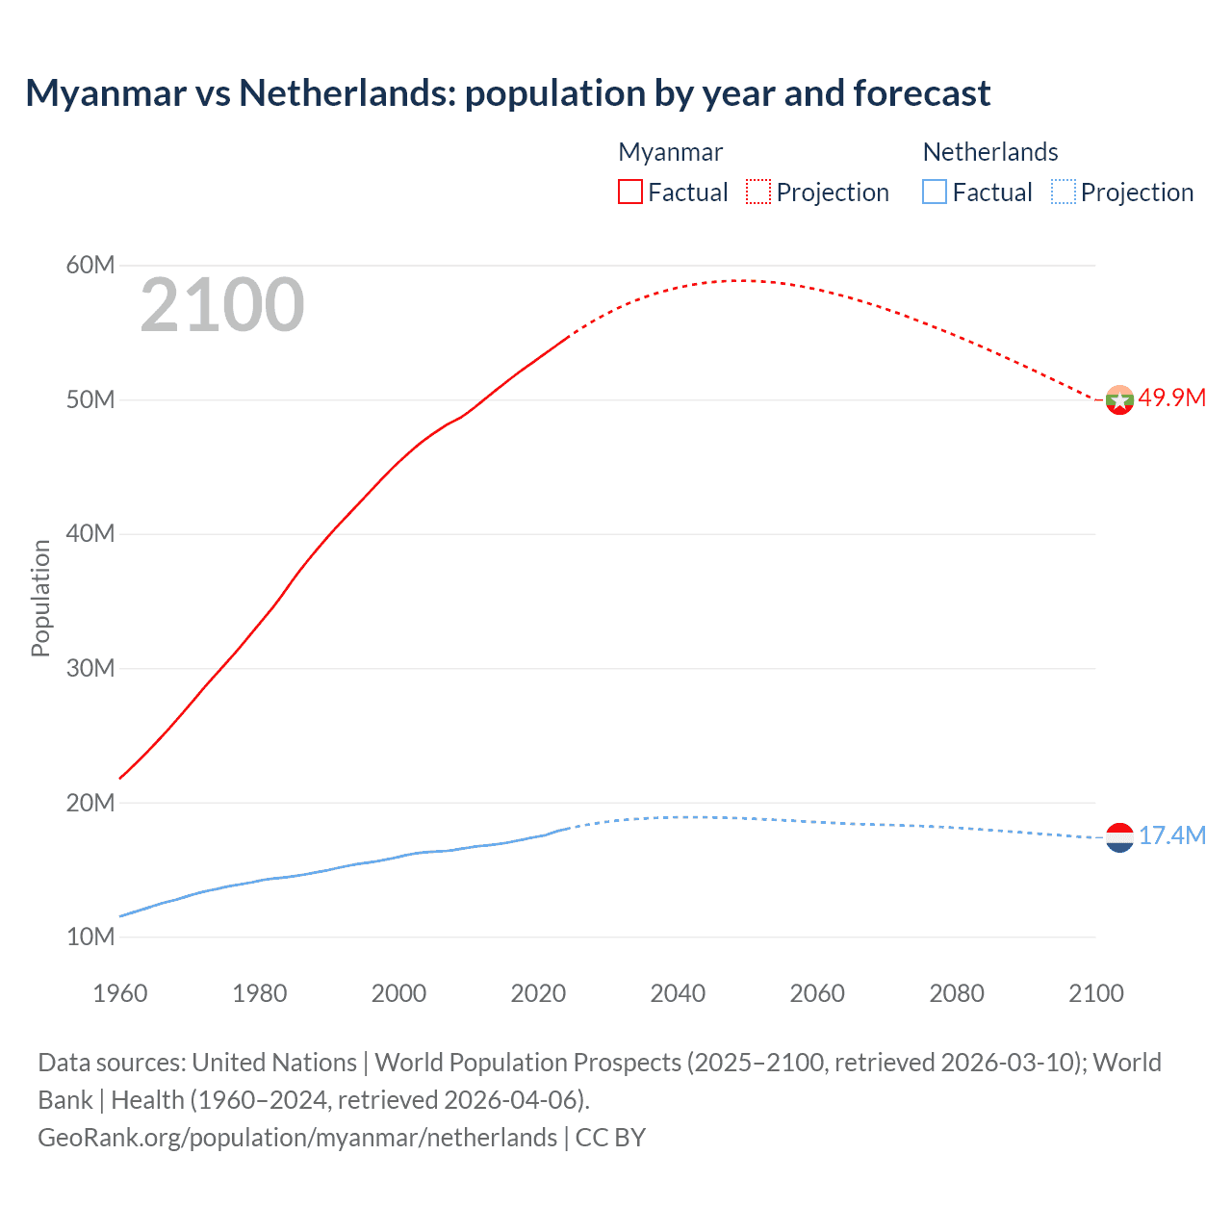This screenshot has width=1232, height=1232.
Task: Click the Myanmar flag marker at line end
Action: tap(1119, 399)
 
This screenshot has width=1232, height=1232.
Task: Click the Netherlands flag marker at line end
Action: tap(1119, 837)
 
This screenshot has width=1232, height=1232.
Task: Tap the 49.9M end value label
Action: tap(1171, 398)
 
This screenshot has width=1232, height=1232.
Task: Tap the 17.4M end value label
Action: tap(1171, 835)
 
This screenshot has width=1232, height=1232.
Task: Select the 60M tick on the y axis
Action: tap(90, 265)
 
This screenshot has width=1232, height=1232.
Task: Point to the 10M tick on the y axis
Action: tap(90, 937)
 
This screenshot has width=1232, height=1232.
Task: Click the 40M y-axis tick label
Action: tap(90, 533)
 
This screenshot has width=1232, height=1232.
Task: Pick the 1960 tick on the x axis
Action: tap(120, 993)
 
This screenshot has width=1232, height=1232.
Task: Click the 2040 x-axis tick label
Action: tap(678, 993)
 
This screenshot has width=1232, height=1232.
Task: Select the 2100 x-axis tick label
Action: tap(1095, 993)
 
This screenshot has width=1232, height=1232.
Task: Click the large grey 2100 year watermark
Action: tap(222, 305)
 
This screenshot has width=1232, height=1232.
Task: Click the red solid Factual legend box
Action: tap(630, 192)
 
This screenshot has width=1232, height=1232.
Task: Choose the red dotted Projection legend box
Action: tap(758, 192)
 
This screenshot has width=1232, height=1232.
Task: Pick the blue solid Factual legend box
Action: tap(935, 192)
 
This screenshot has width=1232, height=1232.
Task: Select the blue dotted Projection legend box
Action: tap(1063, 192)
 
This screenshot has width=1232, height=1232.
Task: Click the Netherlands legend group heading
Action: tap(990, 152)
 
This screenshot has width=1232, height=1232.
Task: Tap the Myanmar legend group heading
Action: tap(670, 152)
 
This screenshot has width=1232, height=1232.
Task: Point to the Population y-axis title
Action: tap(40, 598)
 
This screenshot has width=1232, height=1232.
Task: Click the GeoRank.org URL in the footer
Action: tap(297, 1138)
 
